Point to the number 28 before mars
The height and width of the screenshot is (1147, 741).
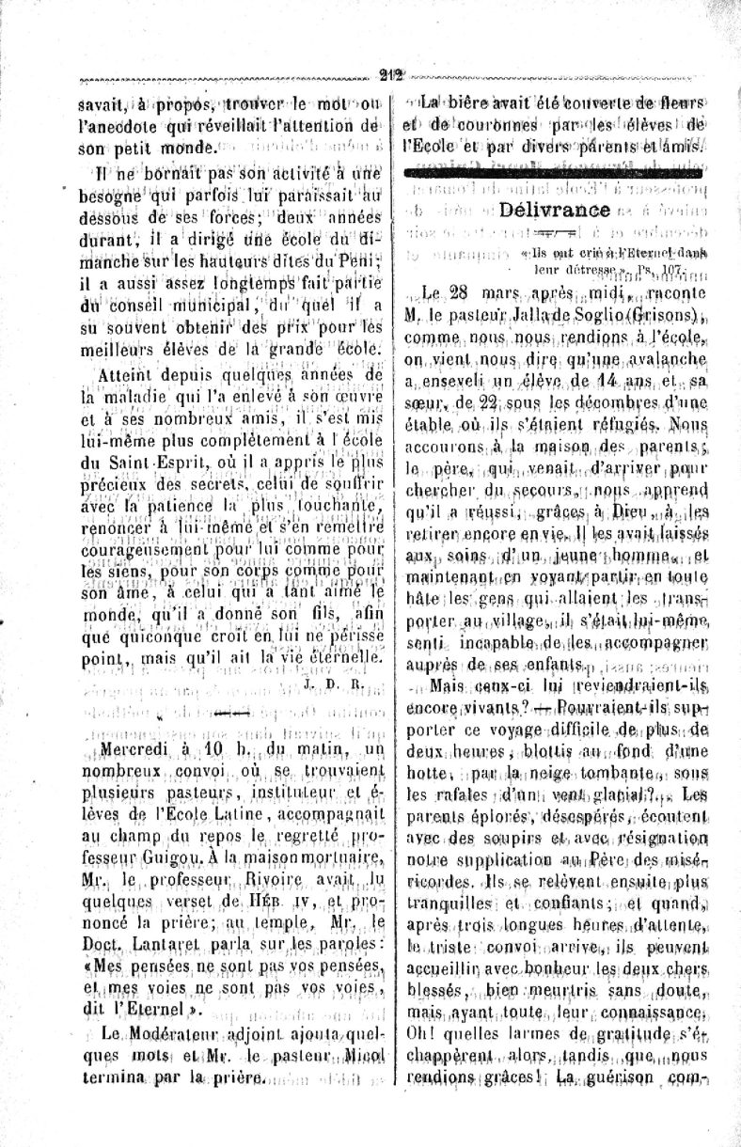464,291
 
